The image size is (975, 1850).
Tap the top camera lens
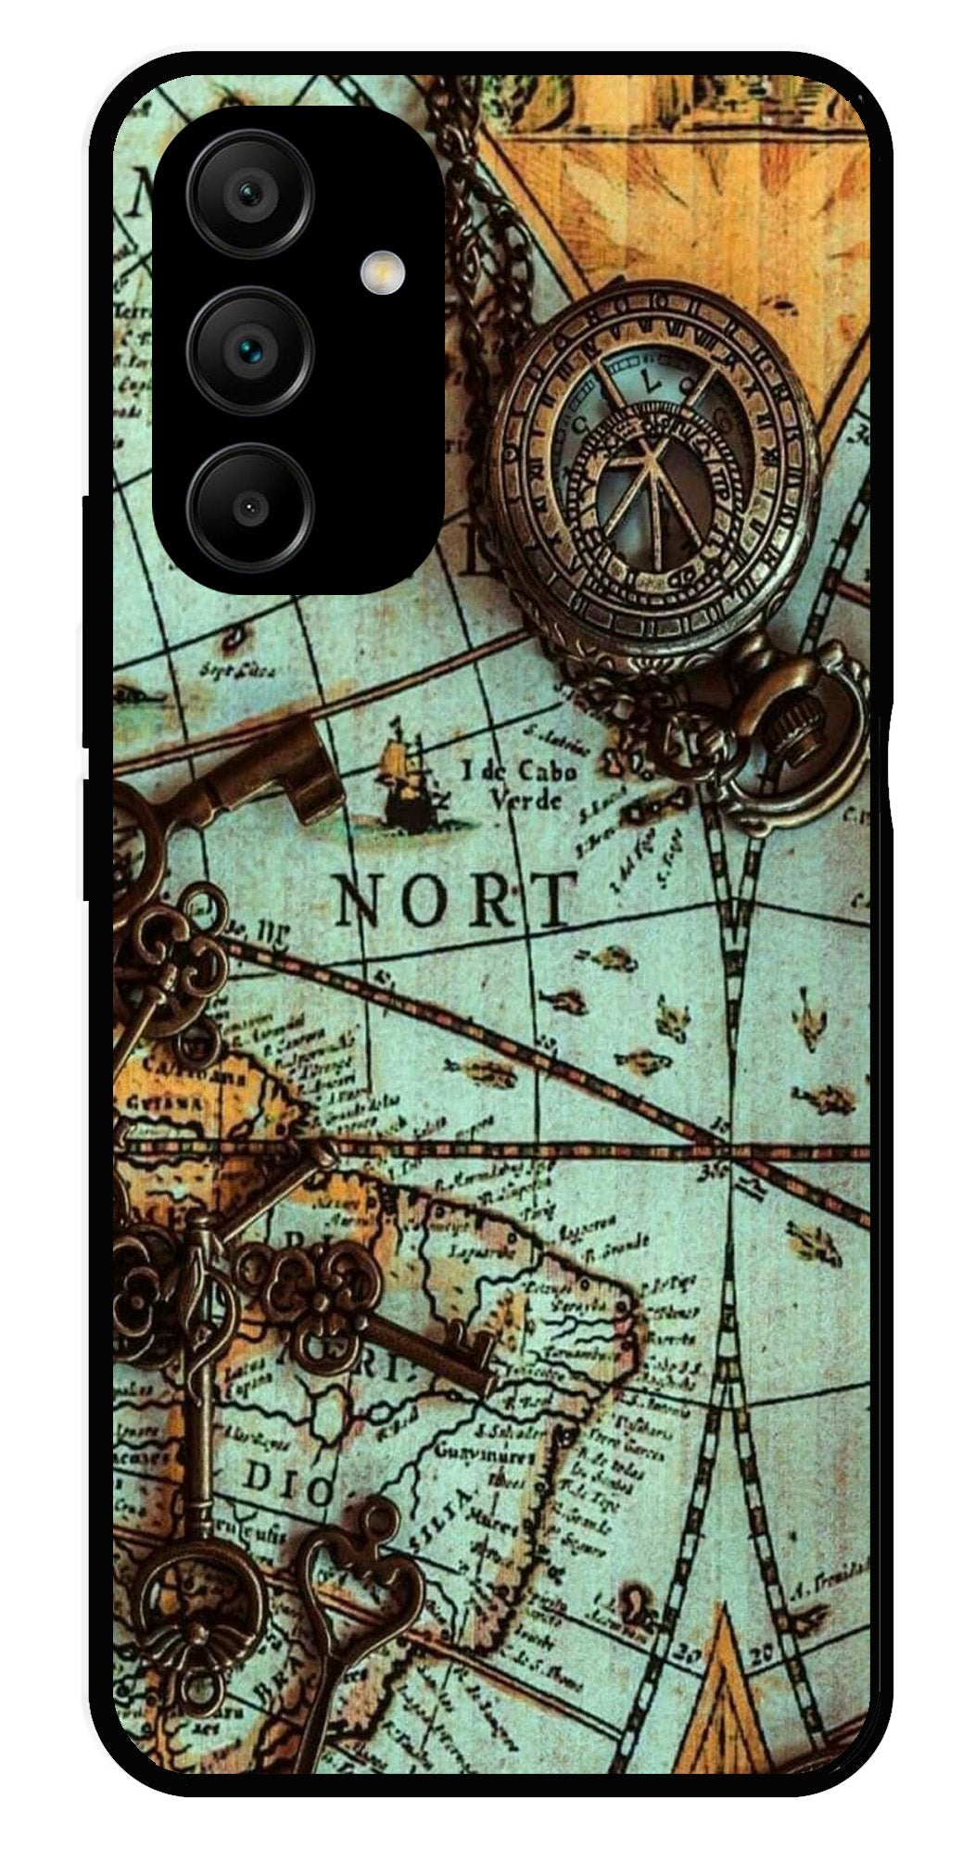pyautogui.click(x=248, y=194)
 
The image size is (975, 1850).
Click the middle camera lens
pyautogui.click(x=248, y=349)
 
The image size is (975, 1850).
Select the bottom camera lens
pyautogui.click(x=248, y=507)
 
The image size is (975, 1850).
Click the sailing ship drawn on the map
pyautogui.click(x=405, y=774)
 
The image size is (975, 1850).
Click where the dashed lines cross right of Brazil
pyautogui.click(x=732, y=1150)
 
